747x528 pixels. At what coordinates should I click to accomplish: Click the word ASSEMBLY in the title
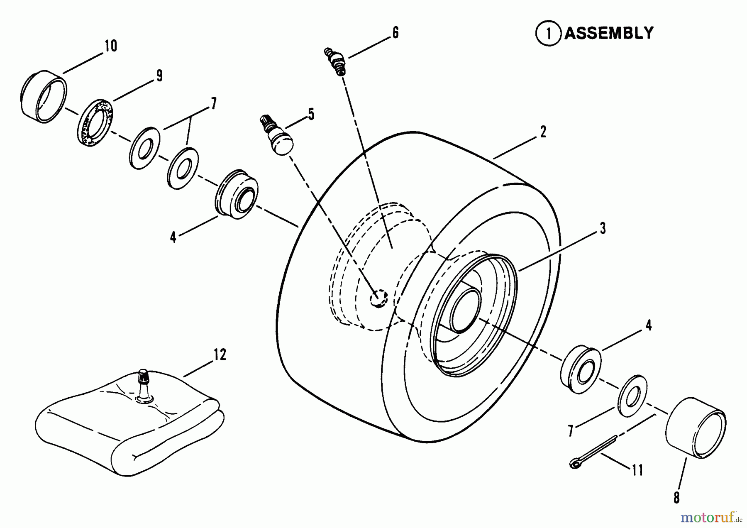pos(609,33)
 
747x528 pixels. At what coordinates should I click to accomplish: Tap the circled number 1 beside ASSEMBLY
pos(549,33)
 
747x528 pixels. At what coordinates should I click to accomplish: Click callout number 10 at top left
pos(110,46)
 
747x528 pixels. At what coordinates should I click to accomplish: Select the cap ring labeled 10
pos(43,98)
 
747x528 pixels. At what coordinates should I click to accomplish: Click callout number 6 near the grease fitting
pos(395,32)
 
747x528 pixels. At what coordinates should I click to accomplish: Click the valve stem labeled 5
pos(276,135)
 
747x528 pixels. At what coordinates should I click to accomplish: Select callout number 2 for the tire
pos(543,132)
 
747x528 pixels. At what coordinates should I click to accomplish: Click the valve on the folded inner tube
pos(144,385)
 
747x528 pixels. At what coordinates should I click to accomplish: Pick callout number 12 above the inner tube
pos(220,355)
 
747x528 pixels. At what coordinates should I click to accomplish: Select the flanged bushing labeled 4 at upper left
pos(237,194)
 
